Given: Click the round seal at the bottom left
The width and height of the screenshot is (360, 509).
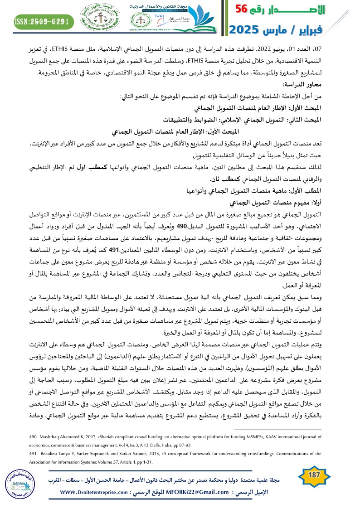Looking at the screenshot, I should coord(22,485).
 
